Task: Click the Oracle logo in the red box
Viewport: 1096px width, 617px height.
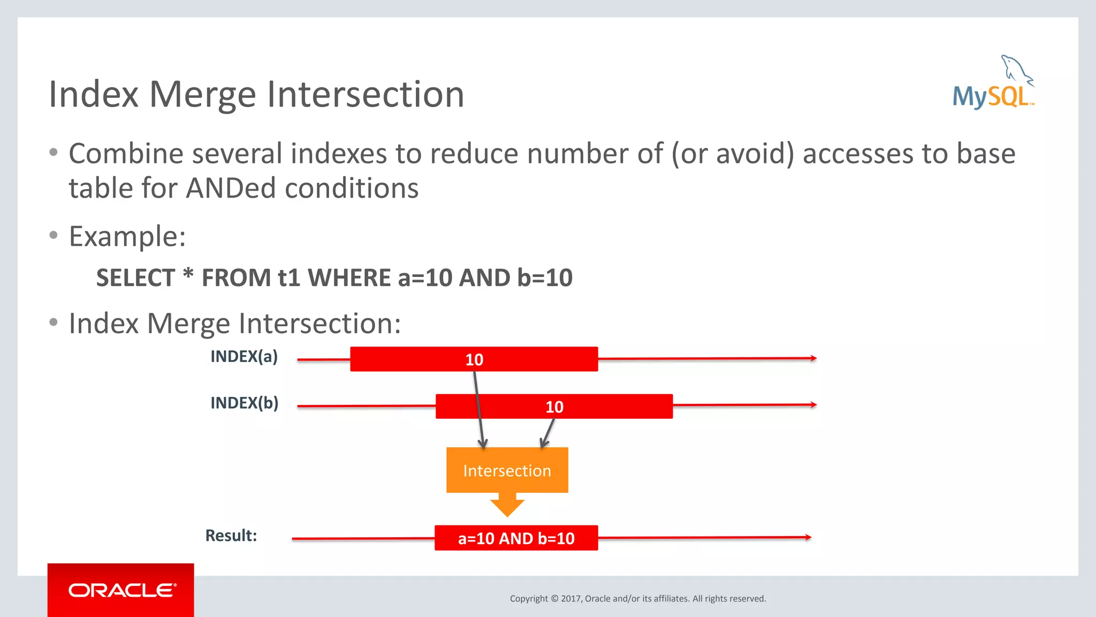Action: pos(121,590)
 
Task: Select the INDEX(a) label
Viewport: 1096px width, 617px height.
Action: pos(244,357)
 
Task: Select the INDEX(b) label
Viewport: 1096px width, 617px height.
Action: pos(245,403)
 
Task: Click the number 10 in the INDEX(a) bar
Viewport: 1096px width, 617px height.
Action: pos(474,360)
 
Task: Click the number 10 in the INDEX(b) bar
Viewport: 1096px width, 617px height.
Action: pos(554,407)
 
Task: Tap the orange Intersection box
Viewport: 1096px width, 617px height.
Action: pos(507,470)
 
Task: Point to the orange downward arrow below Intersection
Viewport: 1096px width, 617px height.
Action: pos(507,506)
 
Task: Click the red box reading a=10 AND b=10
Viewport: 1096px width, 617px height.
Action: pos(516,538)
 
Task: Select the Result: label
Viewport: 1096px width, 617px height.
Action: pos(231,536)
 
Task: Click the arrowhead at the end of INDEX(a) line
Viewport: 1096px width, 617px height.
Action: pos(813,358)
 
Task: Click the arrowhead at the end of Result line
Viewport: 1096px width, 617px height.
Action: pos(808,537)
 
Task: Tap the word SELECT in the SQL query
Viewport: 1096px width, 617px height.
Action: pos(135,278)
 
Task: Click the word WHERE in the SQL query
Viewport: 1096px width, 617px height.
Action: pos(349,278)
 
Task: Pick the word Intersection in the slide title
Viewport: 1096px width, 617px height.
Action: pos(366,94)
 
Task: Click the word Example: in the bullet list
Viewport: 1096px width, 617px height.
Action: pos(127,236)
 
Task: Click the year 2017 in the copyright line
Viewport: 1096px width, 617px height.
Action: pos(571,599)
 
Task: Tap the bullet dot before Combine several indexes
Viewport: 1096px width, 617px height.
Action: pos(54,153)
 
